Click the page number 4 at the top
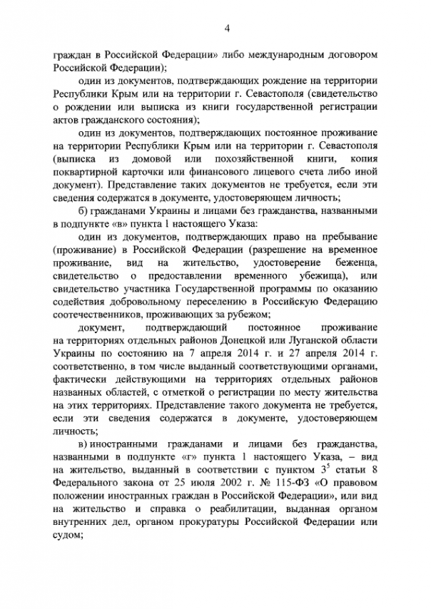tap(226, 28)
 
